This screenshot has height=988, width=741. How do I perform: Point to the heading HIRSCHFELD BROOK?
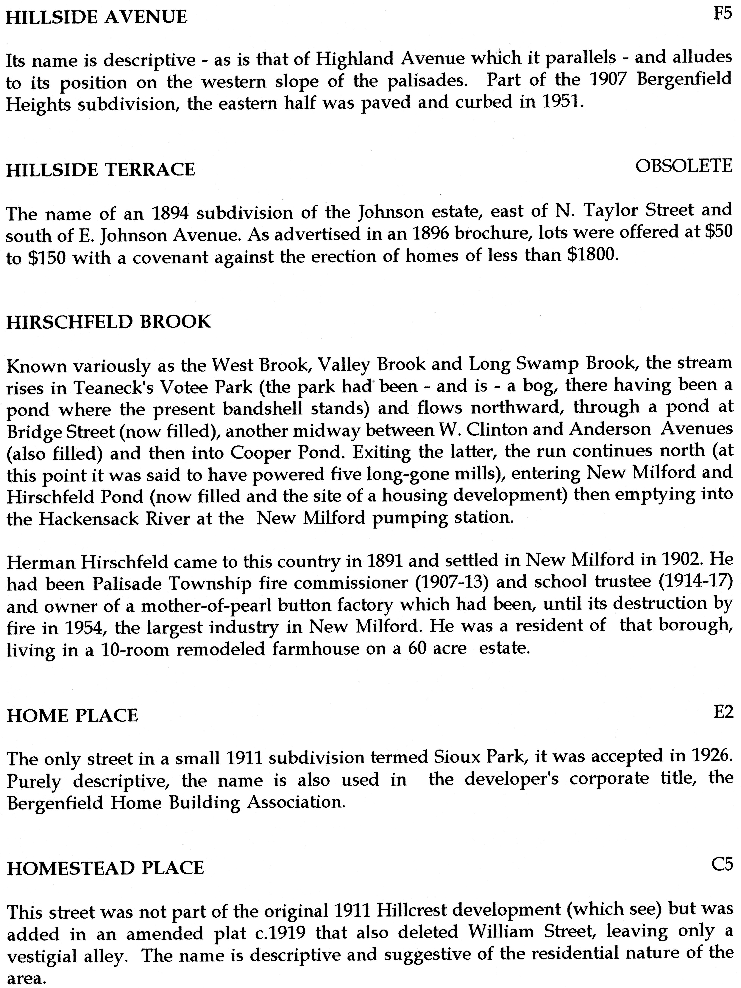point(108,322)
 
